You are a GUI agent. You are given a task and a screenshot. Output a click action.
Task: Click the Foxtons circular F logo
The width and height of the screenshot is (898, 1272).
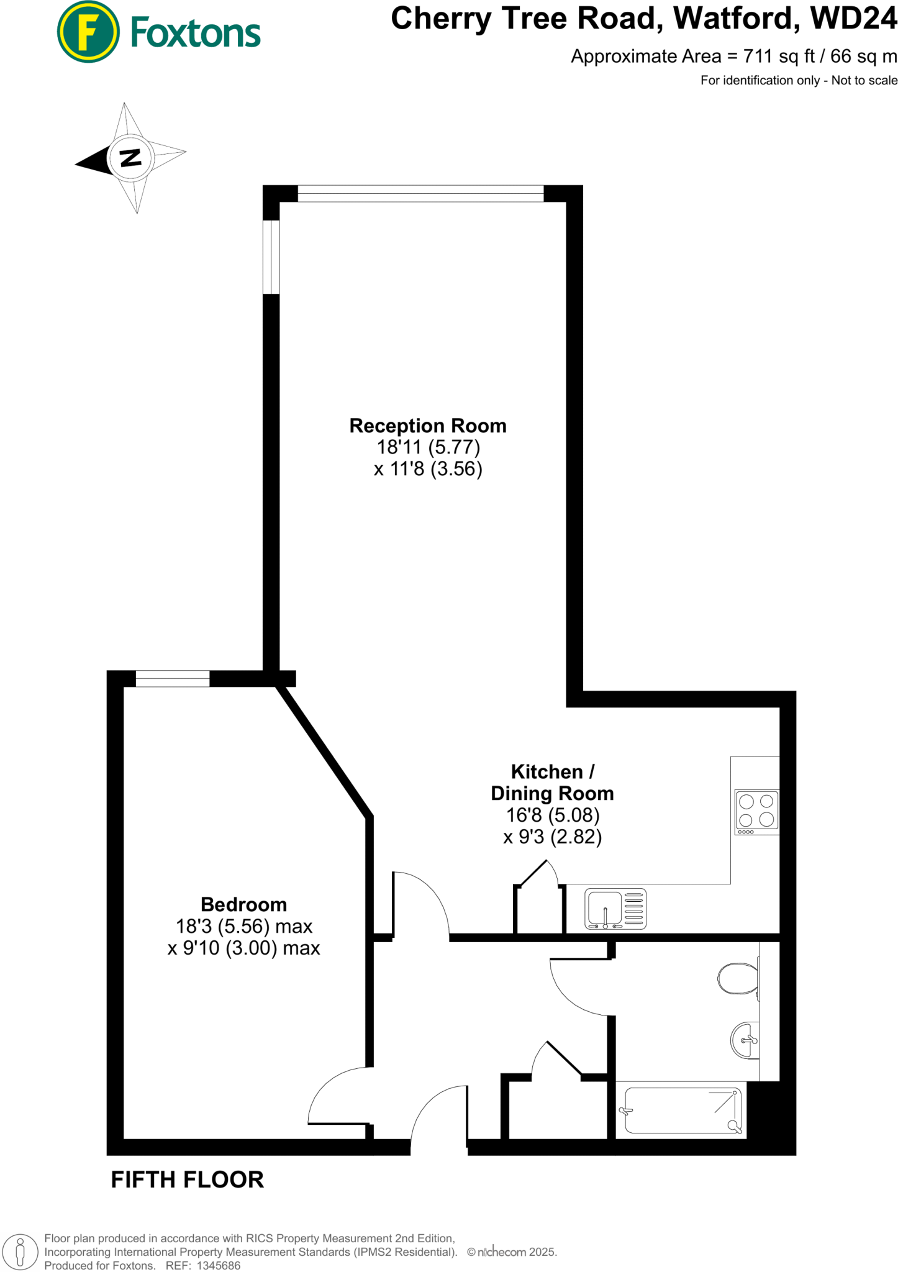tap(88, 32)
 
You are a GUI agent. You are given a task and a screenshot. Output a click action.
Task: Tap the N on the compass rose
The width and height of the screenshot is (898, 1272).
tap(130, 158)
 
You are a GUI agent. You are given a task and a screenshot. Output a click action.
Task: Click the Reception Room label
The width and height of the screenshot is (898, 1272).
tap(428, 426)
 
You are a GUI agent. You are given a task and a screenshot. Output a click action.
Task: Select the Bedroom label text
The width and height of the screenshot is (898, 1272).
tap(244, 904)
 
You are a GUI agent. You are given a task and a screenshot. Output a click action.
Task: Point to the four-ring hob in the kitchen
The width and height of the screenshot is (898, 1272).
tap(756, 812)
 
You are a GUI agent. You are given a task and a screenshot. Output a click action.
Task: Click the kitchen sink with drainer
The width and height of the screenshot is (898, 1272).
tap(615, 909)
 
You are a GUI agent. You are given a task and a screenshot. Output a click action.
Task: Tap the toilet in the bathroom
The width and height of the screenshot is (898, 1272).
tap(738, 979)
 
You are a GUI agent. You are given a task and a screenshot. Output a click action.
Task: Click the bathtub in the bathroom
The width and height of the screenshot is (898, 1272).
tap(682, 1110)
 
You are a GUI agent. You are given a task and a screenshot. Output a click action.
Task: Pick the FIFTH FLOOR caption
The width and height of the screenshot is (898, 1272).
tap(187, 1179)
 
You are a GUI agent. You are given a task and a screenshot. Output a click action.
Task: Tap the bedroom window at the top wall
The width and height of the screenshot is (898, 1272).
tap(173, 679)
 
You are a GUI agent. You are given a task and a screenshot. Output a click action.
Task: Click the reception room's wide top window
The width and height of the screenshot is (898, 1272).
tap(420, 193)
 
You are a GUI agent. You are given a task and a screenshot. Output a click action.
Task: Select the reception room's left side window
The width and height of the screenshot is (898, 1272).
tap(271, 257)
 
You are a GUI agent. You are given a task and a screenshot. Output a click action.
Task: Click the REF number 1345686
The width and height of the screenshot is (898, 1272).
tap(219, 1265)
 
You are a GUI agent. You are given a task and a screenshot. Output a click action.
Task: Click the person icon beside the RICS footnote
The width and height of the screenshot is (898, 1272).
tap(20, 1252)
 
